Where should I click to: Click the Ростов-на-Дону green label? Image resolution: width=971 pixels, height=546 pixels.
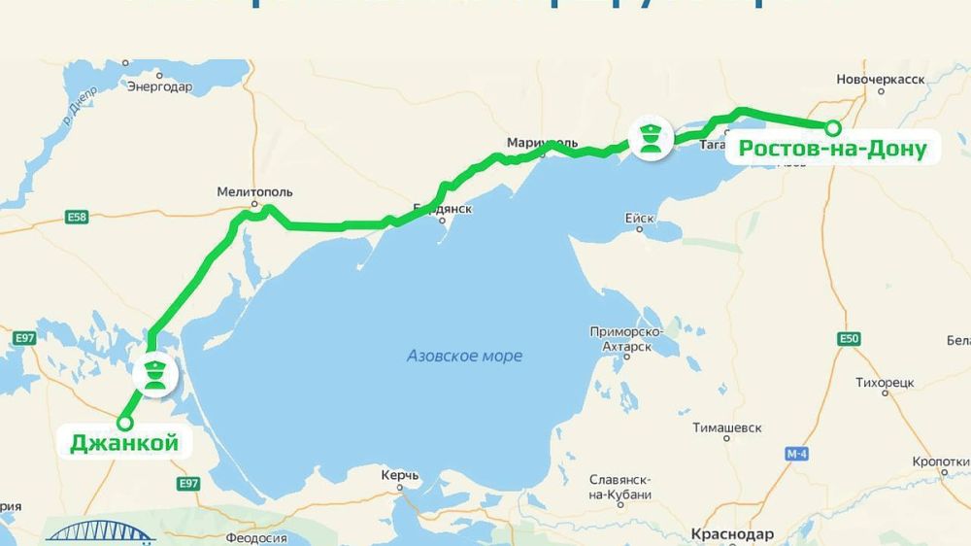(x=832, y=149)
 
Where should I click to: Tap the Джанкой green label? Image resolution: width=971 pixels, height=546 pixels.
(x=124, y=444)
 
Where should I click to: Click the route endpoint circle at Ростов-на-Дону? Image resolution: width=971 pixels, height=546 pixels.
(x=832, y=127)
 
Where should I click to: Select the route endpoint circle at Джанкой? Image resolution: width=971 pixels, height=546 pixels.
(x=124, y=423)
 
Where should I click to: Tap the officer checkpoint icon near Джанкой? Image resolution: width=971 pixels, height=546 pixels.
(x=152, y=374)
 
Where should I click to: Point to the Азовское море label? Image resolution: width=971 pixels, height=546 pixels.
(x=464, y=356)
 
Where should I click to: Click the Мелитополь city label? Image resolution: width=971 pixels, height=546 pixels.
(x=255, y=191)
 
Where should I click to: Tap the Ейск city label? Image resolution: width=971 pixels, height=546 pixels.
(x=640, y=219)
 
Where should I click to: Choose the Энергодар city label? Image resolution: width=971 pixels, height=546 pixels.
(x=159, y=86)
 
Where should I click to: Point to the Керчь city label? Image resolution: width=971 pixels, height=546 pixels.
(x=400, y=475)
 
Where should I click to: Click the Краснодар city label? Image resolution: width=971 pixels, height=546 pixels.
(x=732, y=534)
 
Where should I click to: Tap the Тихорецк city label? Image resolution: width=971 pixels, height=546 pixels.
(x=885, y=382)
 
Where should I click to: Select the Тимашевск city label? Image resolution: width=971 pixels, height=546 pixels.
(x=727, y=427)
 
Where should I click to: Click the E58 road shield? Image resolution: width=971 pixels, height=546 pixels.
(x=77, y=217)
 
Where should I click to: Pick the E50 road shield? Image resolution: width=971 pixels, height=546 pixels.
(x=851, y=338)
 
